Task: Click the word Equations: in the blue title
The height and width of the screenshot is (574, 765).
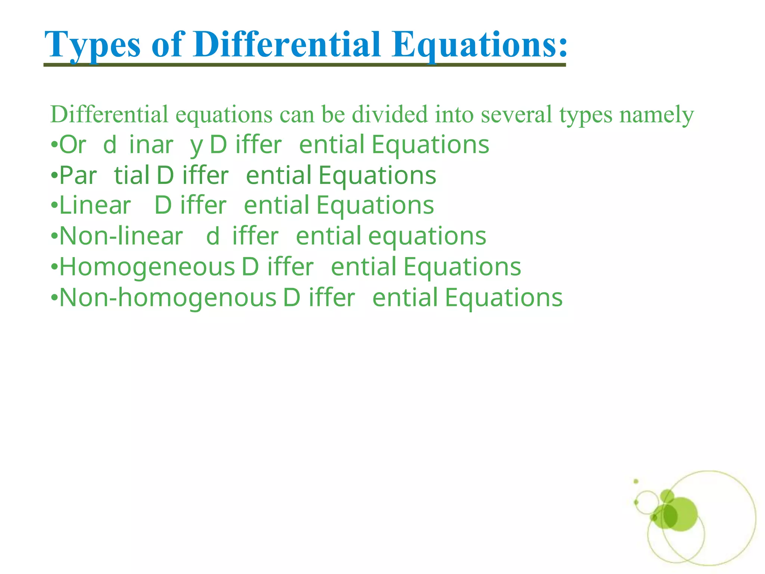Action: click(x=480, y=45)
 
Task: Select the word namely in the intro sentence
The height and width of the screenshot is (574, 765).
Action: click(x=656, y=115)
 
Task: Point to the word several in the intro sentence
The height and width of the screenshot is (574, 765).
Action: click(x=516, y=114)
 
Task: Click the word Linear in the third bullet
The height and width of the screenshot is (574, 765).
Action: click(x=95, y=205)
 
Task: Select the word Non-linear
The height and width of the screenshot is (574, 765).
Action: click(x=121, y=236)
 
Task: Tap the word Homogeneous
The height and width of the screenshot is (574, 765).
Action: click(x=147, y=267)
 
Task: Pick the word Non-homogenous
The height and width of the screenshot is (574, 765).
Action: click(x=168, y=298)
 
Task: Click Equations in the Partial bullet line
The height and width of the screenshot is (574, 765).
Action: click(x=377, y=176)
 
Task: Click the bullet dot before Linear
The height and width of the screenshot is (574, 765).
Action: click(x=54, y=206)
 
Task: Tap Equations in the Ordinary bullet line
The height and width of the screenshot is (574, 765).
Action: click(x=430, y=145)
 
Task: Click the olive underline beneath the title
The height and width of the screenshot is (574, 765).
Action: click(x=304, y=65)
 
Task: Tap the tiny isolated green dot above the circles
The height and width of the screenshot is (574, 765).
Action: click(x=636, y=481)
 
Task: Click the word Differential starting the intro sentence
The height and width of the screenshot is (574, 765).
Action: click(x=109, y=114)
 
